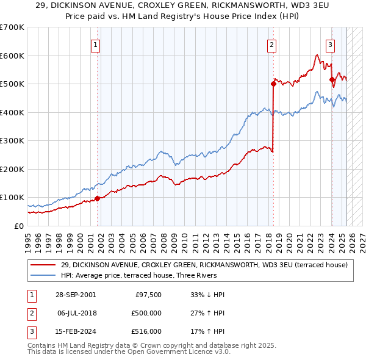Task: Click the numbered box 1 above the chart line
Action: coord(96,44)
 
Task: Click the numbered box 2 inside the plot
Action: coord(271,44)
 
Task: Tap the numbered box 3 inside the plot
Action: coord(330,44)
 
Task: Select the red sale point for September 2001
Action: coord(98,198)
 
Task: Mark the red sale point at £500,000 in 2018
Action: coord(273,84)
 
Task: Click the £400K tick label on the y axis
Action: coord(12,112)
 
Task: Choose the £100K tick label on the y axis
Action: coord(12,198)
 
